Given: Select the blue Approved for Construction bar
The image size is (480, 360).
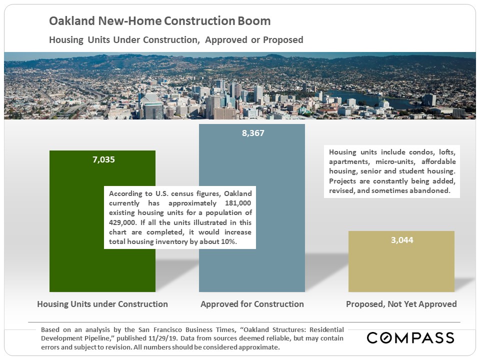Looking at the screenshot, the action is click(x=275, y=269).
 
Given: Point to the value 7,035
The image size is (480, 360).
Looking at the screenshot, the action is click(x=104, y=159).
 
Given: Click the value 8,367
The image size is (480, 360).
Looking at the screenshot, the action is click(x=253, y=133).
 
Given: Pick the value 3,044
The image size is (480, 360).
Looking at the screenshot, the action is click(x=402, y=240).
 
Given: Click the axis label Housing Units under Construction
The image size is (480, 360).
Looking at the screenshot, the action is click(x=102, y=304).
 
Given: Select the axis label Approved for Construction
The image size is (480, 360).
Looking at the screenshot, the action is click(x=252, y=304).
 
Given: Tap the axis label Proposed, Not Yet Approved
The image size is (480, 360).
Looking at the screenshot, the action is click(x=401, y=304).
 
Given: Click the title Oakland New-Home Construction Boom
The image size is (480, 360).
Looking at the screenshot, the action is click(x=160, y=21).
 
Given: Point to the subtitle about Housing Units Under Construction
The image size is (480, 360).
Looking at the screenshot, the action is click(x=176, y=40).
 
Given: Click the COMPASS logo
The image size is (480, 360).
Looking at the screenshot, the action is click(x=410, y=337).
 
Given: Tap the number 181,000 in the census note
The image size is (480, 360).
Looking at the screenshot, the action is click(x=238, y=203).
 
